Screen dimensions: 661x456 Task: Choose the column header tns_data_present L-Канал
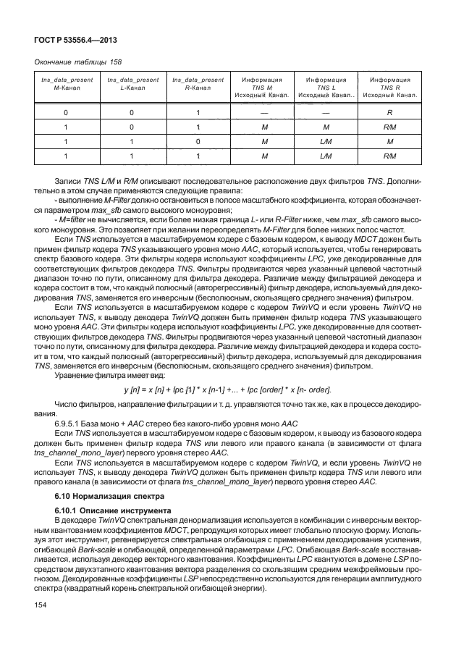pos(132,85)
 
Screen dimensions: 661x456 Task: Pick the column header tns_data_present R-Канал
pos(198,85)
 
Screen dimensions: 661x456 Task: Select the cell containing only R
pos(389,113)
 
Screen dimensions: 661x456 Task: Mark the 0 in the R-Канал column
pos(198,141)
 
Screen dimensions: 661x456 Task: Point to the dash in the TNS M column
pos(262,113)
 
